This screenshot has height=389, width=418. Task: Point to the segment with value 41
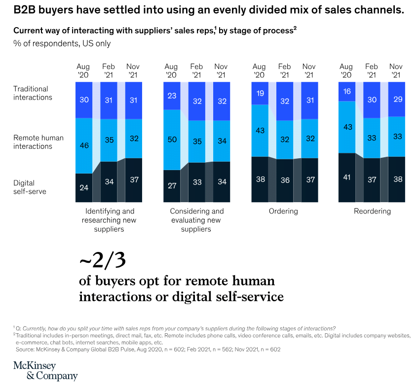[x=346, y=177]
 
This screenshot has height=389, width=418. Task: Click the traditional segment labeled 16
[x=346, y=92]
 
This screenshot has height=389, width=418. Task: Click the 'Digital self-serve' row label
[x=30, y=187]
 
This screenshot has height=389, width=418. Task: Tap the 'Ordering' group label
[x=284, y=211]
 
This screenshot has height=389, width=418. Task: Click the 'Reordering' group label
[x=372, y=211]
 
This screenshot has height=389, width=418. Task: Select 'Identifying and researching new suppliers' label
[x=109, y=220]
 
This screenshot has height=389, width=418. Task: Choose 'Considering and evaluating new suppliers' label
[x=196, y=220]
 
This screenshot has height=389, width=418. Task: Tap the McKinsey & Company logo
[x=45, y=371]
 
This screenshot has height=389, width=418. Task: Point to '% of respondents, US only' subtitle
[x=62, y=43]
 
